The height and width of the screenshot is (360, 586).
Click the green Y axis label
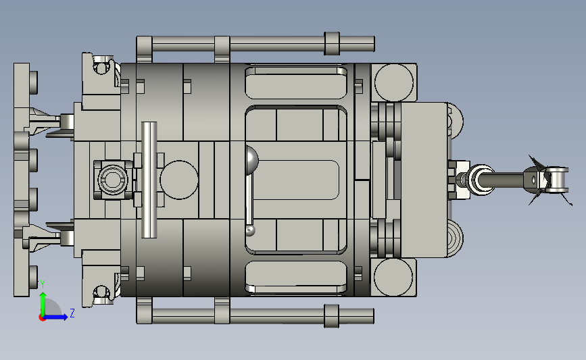click(43, 284)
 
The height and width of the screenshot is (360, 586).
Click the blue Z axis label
click(72, 313)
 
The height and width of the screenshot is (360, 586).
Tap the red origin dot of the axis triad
click(42, 318)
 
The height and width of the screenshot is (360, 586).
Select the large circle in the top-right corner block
click(394, 82)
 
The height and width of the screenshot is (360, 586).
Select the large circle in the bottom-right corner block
click(393, 278)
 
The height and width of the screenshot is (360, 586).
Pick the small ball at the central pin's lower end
click(250, 230)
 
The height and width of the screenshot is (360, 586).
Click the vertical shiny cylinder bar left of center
click(149, 180)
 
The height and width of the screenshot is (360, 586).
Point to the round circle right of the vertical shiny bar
click(179, 180)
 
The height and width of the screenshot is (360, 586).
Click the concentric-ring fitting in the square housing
click(112, 180)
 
